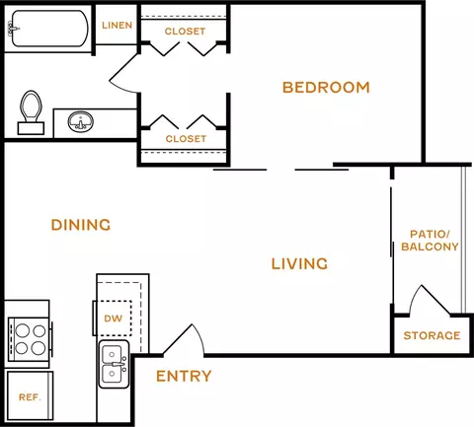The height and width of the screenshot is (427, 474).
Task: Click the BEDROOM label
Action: pos(326,88)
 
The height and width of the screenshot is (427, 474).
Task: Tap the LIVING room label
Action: pos(299,264)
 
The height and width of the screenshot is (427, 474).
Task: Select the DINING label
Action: pos(81,225)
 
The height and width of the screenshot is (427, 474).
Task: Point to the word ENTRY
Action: pos(184,376)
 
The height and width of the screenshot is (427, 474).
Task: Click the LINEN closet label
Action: pos(118,26)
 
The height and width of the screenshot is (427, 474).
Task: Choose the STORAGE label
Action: pos(432,335)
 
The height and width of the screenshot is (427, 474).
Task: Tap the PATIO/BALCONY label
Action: pos(430,241)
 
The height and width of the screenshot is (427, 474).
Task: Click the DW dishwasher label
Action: pos(114,319)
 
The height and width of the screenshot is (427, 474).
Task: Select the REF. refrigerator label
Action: pos(30,397)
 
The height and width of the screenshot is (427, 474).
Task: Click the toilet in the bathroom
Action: pos(31,112)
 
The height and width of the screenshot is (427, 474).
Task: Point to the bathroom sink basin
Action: pos(81,122)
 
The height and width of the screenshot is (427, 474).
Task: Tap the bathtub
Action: pos(48,29)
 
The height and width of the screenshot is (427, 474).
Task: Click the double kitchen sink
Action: pos(114,364)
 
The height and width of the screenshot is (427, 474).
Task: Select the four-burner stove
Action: pos(30,339)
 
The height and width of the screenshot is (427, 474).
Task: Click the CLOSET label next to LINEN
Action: pos(185,32)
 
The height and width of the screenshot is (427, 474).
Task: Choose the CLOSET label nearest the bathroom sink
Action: pos(186,139)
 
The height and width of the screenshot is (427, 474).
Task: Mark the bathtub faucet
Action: pos(13,29)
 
